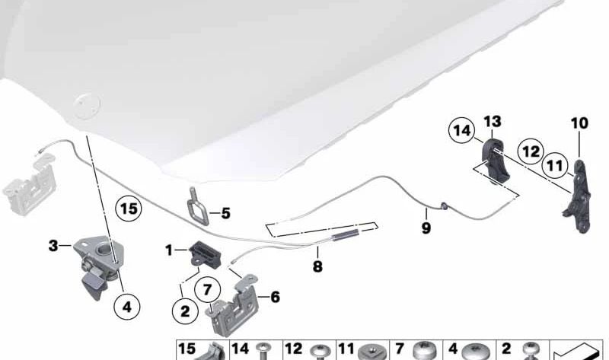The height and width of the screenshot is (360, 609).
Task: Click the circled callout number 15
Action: tap(129, 207)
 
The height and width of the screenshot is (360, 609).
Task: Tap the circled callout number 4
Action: tap(126, 307)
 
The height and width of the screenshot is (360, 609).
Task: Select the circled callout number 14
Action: tap(461, 130)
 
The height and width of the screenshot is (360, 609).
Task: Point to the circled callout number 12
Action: tap(531, 152)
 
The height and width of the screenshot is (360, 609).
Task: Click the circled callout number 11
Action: tap(555, 164)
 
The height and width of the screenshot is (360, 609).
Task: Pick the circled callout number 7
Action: tap(206, 289)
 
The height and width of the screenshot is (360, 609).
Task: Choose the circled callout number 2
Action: tap(183, 310)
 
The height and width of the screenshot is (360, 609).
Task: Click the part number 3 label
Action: tap(53, 246)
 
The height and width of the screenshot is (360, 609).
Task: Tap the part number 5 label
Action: tap(225, 214)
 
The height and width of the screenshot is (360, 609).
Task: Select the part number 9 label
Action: tap(426, 228)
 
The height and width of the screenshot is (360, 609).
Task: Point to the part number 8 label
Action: tap(317, 266)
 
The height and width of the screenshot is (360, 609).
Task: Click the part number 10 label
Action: tap(580, 123)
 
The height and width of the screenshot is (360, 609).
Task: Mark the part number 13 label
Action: tap(493, 121)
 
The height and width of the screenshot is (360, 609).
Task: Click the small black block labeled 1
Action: tap(204, 250)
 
